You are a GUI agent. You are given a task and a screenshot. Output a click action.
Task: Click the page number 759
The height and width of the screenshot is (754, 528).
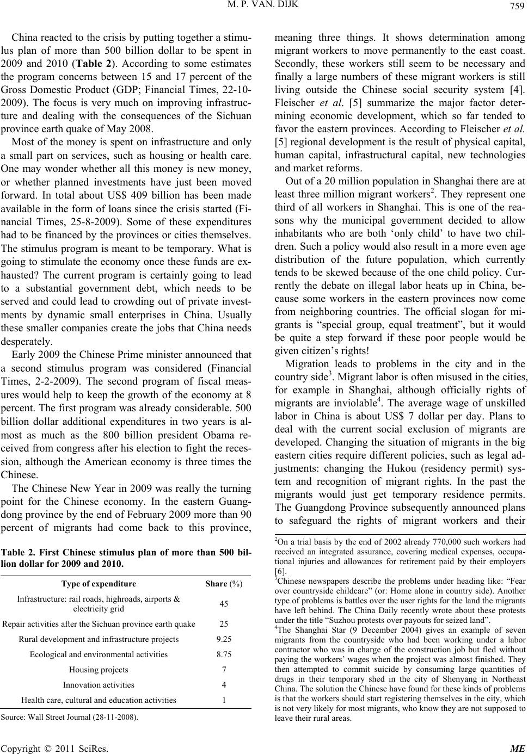[517, 9]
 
